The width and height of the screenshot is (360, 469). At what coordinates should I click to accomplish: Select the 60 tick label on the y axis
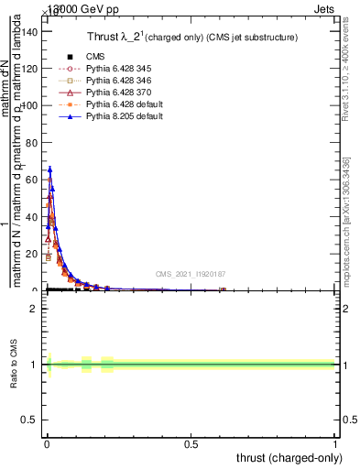click(32, 180)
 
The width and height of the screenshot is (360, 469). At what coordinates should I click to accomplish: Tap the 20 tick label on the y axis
click(32, 254)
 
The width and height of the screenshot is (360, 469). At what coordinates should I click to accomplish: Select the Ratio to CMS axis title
click(14, 364)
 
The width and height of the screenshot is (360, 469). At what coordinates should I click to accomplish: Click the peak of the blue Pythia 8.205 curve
click(49, 169)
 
